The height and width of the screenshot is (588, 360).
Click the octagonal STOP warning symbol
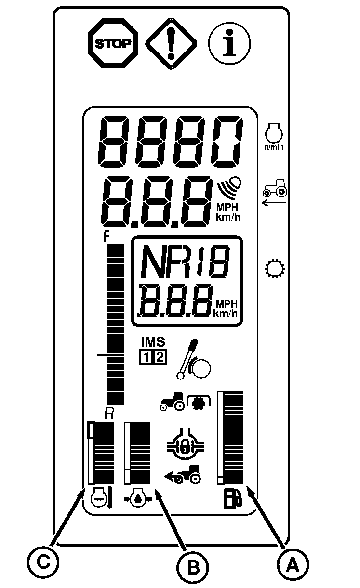click(113, 43)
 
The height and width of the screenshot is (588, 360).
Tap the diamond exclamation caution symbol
click(171, 43)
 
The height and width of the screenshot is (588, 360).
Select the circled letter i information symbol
click(229, 43)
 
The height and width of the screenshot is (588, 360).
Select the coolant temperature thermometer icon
click(101, 497)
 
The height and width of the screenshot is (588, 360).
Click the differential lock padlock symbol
click(185, 444)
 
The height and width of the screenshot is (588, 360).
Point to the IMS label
click(153, 342)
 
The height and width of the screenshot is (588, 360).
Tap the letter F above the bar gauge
click(106, 236)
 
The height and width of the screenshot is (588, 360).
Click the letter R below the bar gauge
click(108, 415)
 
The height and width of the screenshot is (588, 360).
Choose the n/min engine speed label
click(274, 147)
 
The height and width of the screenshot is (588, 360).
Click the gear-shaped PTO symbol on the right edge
click(274, 269)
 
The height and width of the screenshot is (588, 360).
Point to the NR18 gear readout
click(185, 261)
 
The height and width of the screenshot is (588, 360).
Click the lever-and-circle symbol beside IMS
click(193, 359)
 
